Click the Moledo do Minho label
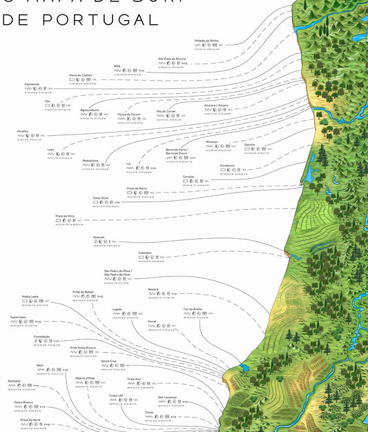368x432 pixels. (x=206, y=41)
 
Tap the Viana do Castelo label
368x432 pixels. (x=81, y=75)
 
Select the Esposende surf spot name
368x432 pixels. (x=32, y=84)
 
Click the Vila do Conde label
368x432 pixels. (x=166, y=110)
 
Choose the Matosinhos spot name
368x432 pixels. (x=90, y=160)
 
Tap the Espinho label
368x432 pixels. (x=250, y=145)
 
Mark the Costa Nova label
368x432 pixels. (x=101, y=197)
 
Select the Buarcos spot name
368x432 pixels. (x=99, y=237)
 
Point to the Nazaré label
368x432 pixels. (x=153, y=289)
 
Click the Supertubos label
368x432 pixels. (x=18, y=317)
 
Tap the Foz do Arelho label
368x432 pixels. (x=193, y=308)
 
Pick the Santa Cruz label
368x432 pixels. (x=108, y=360)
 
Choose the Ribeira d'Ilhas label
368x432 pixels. (x=86, y=378)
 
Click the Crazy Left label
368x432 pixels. (x=116, y=395)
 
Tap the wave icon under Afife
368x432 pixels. (x=117, y=70)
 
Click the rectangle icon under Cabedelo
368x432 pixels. (x=141, y=257)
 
